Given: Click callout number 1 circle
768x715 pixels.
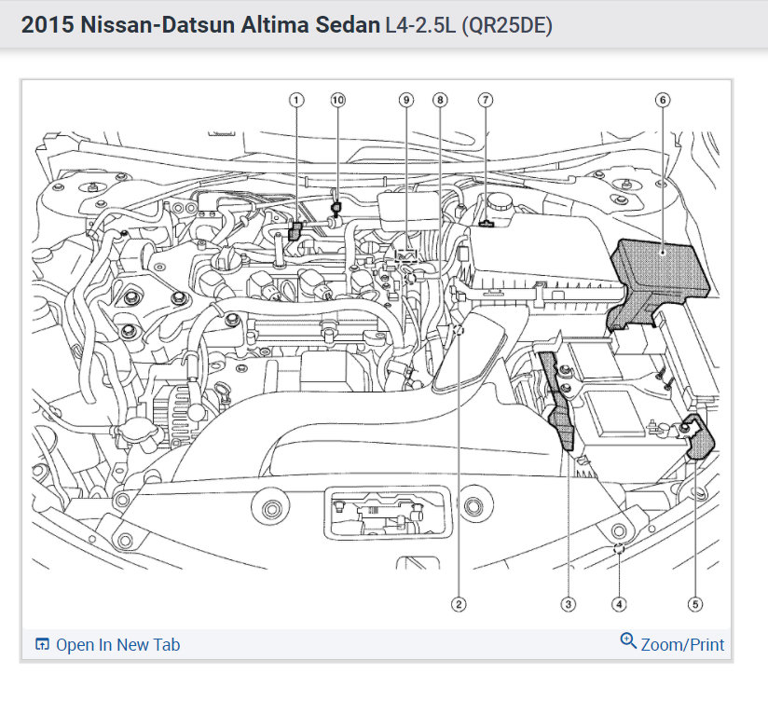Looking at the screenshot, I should pyautogui.click(x=296, y=99).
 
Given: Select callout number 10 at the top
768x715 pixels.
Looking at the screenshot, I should pyautogui.click(x=336, y=99).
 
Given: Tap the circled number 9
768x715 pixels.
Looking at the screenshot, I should pyautogui.click(x=405, y=99).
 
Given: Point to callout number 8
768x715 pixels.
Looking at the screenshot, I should pyautogui.click(x=440, y=99).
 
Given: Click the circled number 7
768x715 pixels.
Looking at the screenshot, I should pyautogui.click(x=485, y=99).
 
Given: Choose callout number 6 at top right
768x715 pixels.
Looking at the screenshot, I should pyautogui.click(x=663, y=99).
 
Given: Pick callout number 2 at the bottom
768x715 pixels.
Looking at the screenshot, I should pyautogui.click(x=458, y=604).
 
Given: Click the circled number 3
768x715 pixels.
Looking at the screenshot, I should pyautogui.click(x=568, y=604).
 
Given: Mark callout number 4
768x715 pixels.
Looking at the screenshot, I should pyautogui.click(x=619, y=604).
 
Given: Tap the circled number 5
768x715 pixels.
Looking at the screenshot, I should pyautogui.click(x=694, y=604).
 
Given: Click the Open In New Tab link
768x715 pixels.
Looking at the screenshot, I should pyautogui.click(x=117, y=645).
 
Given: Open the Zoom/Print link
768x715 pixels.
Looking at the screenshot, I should pyautogui.click(x=682, y=644).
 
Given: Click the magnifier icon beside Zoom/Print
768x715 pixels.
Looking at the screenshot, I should pyautogui.click(x=628, y=641).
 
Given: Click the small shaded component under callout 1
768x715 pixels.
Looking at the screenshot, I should pyautogui.click(x=296, y=230).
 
